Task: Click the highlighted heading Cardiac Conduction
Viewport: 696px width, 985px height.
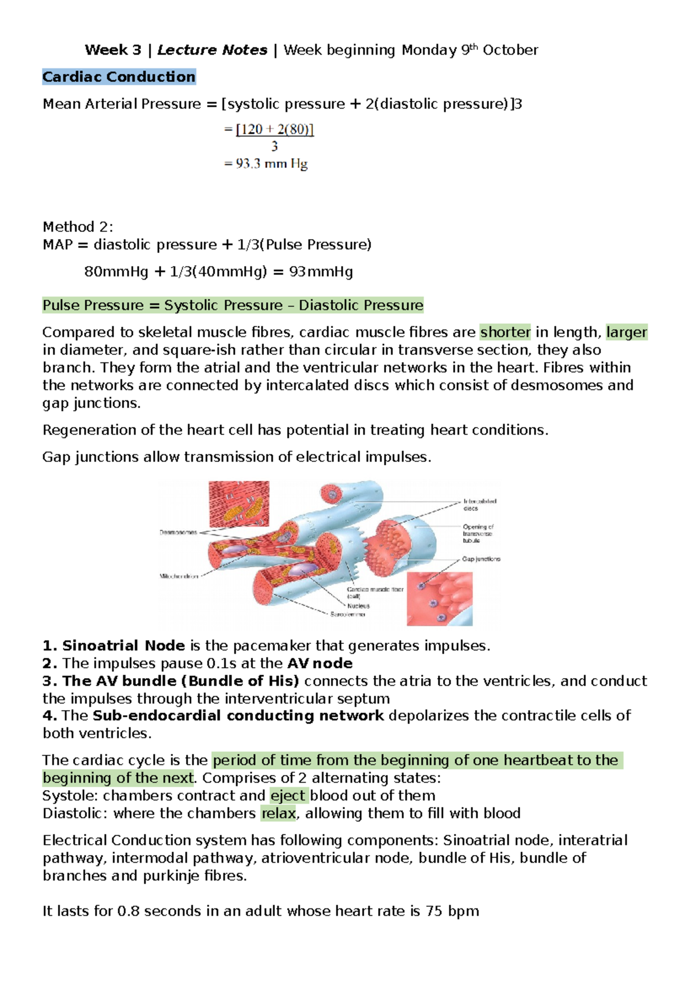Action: pyautogui.click(x=119, y=77)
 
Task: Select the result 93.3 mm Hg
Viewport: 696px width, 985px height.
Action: pyautogui.click(x=271, y=164)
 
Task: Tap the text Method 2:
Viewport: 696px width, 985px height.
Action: pyautogui.click(x=78, y=226)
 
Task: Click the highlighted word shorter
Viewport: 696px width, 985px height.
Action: pyautogui.click(x=505, y=332)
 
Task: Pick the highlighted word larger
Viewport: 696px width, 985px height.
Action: pyautogui.click(x=626, y=332)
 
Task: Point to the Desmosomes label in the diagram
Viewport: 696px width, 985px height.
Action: pyautogui.click(x=178, y=532)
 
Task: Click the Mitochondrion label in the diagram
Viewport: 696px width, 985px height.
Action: pyautogui.click(x=179, y=576)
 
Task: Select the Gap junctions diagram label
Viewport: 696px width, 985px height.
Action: pyautogui.click(x=481, y=559)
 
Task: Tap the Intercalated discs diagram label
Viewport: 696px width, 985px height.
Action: pyautogui.click(x=479, y=504)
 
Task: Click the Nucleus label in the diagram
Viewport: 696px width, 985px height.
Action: pyautogui.click(x=358, y=606)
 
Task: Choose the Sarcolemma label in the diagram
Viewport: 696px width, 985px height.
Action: pyautogui.click(x=348, y=614)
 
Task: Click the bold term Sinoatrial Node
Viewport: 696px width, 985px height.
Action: pyautogui.click(x=123, y=646)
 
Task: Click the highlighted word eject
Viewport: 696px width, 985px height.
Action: pyautogui.click(x=288, y=795)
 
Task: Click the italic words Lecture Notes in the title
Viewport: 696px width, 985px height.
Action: pyautogui.click(x=212, y=50)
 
